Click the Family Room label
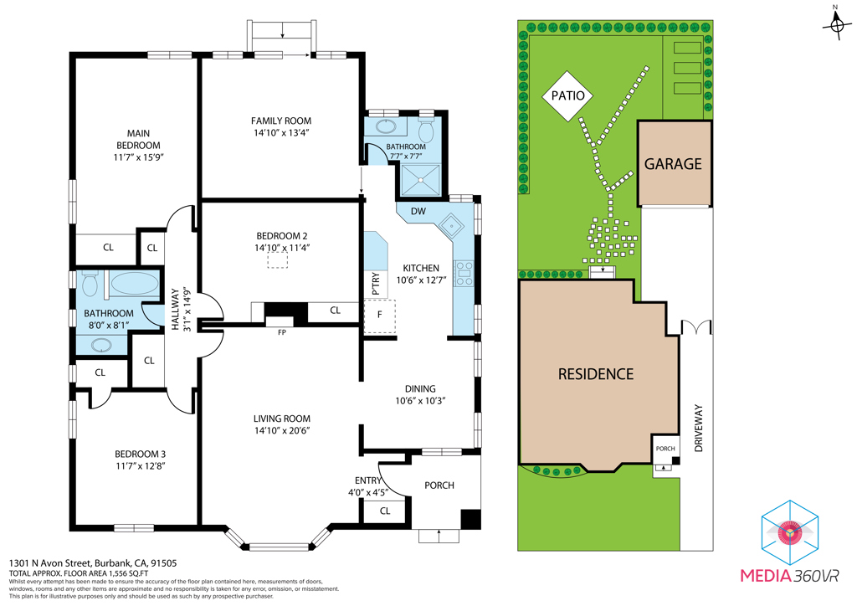pyautogui.click(x=281, y=121)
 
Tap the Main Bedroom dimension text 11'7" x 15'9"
pyautogui.click(x=139, y=157)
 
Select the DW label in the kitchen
pyautogui.click(x=418, y=212)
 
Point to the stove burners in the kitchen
pyautogui.click(x=464, y=273)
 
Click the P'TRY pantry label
pyautogui.click(x=376, y=284)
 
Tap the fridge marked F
pyautogui.click(x=379, y=316)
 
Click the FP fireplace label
pyautogui.click(x=281, y=332)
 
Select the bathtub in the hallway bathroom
pyautogui.click(x=135, y=284)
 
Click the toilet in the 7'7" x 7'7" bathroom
pyautogui.click(x=426, y=130)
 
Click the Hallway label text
pyautogui.click(x=175, y=310)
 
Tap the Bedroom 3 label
pyautogui.click(x=140, y=454)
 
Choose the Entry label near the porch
pyautogui.click(x=368, y=480)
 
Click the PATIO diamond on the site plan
pyautogui.click(x=568, y=95)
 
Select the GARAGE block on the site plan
pyautogui.click(x=675, y=163)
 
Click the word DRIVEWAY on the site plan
pyautogui.click(x=699, y=428)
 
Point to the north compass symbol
pyautogui.click(x=836, y=23)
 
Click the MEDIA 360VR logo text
pyautogui.click(x=789, y=576)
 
